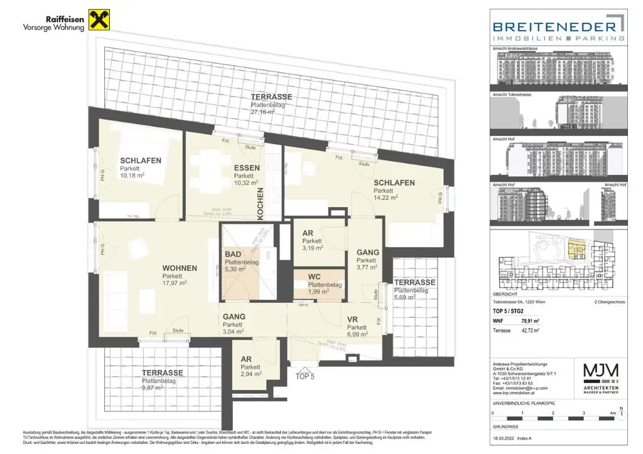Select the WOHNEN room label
coord(179,268)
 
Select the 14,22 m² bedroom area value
coord(386,198)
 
